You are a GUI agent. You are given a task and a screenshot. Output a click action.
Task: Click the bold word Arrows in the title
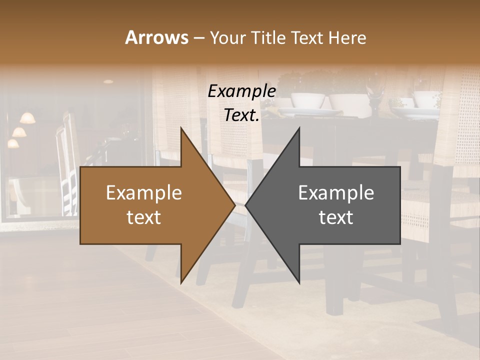click(156, 37)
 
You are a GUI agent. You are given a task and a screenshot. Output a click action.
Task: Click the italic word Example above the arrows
click(241, 91)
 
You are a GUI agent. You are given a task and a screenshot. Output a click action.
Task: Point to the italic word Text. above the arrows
click(241, 115)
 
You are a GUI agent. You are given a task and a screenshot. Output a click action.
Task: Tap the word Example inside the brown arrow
click(144, 193)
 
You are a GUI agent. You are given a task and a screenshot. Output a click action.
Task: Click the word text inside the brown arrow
click(144, 217)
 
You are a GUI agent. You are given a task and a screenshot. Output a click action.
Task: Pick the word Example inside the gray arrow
click(336, 193)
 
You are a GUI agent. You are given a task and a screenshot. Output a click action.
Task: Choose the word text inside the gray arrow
click(336, 217)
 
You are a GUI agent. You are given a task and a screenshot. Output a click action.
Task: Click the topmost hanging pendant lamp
click(27, 118)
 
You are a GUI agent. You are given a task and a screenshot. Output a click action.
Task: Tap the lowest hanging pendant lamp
click(13, 143)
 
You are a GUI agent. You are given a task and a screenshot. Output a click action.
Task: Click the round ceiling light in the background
click(108, 81)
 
